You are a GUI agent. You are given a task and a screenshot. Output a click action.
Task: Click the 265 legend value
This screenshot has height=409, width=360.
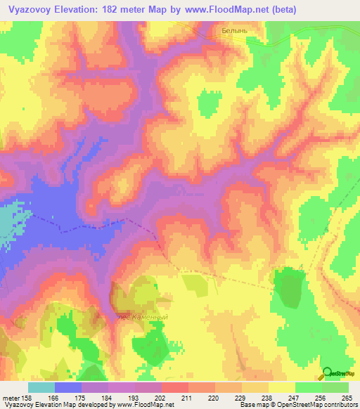(x=346, y=397)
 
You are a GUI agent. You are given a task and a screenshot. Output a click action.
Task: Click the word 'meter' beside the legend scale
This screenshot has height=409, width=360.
(x=12, y=397)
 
